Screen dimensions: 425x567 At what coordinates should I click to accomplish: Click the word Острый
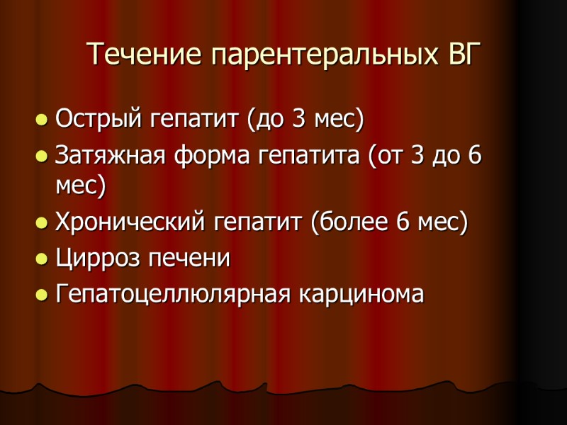coord(99,118)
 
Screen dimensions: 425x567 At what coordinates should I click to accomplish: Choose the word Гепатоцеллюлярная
coord(172,293)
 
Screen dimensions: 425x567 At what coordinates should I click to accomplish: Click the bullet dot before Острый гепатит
coord(42,119)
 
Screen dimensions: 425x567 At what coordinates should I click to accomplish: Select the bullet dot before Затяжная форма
coord(42,155)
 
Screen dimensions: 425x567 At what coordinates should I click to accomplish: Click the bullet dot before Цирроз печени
coord(42,259)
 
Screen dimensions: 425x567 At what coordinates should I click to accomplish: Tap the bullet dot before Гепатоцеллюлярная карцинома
coord(42,294)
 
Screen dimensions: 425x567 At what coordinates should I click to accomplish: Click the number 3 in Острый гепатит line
coord(298,118)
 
